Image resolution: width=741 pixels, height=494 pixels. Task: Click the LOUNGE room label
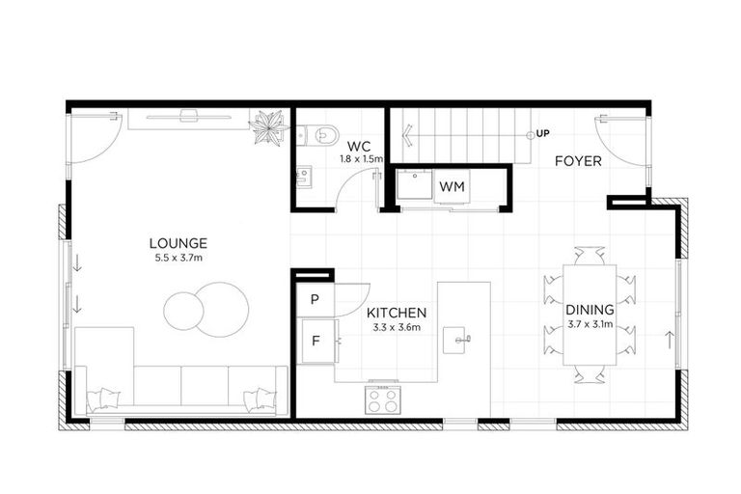click(x=178, y=243)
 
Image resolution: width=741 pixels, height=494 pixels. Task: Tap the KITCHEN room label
click(x=396, y=314)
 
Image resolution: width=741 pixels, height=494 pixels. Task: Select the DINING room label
click(x=590, y=310)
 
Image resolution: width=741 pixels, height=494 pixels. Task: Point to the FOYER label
click(x=577, y=161)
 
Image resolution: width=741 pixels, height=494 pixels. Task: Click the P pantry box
click(x=314, y=300)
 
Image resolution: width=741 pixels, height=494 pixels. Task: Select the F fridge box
click(x=315, y=340)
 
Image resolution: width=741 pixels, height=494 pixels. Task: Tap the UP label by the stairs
click(x=543, y=133)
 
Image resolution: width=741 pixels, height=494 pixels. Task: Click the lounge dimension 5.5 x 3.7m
click(x=178, y=258)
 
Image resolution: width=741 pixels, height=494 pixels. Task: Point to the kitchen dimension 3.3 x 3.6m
click(x=396, y=328)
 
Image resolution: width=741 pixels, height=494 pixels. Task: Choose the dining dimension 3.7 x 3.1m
click(x=590, y=324)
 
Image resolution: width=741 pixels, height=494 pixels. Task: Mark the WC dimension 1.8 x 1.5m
click(x=362, y=157)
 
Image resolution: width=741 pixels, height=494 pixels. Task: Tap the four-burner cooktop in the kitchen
click(x=383, y=398)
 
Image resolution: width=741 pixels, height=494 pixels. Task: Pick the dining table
click(x=590, y=314)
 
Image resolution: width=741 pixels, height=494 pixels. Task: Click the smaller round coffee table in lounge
click(x=182, y=311)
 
